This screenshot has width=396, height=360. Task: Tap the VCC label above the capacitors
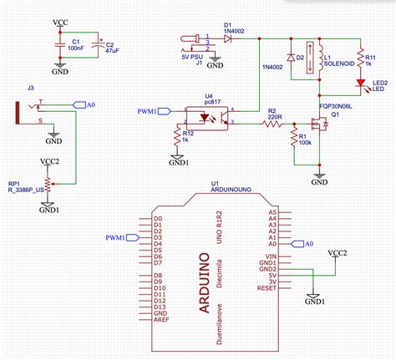coord(61,19)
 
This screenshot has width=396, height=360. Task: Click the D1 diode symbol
coord(227,38)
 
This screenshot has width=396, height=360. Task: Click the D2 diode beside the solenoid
coord(290,58)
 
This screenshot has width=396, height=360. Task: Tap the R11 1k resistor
coord(360,58)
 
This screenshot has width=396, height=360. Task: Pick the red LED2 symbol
coord(360,83)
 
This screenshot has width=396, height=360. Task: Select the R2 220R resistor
coord(272,124)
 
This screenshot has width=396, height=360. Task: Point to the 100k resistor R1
coord(293,136)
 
